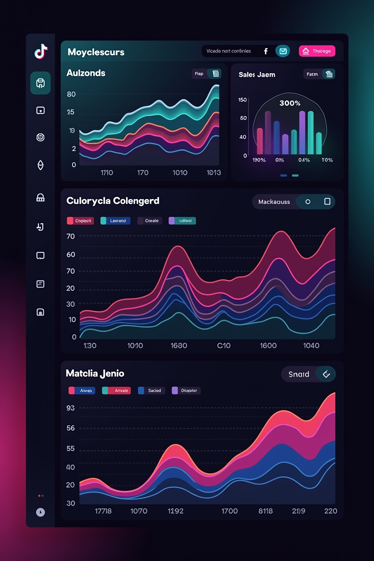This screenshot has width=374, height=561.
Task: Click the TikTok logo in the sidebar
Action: (x=41, y=51)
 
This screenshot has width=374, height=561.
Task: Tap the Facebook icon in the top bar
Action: (x=266, y=51)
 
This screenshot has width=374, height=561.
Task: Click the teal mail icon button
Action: (x=283, y=51)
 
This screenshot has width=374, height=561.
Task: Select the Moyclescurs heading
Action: (x=96, y=52)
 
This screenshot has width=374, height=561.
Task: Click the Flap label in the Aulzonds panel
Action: (x=199, y=74)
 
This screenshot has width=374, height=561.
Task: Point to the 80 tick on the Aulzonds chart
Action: (x=71, y=94)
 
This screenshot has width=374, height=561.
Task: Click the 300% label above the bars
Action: (x=290, y=103)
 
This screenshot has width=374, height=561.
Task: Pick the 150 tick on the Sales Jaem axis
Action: (x=242, y=100)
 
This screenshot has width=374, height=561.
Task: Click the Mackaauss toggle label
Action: (x=274, y=202)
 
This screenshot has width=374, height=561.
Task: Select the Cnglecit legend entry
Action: (x=80, y=221)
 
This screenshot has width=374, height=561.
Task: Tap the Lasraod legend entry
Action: (x=115, y=221)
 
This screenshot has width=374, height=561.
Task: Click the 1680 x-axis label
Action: (x=179, y=346)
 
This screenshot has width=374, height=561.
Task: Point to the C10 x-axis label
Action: (x=224, y=346)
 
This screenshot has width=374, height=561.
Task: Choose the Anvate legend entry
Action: (x=117, y=390)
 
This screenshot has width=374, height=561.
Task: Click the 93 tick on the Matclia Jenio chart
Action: (x=70, y=408)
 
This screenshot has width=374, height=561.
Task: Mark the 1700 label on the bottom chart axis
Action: (x=229, y=511)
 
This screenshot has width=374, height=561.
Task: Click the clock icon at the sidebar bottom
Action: (x=41, y=512)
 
